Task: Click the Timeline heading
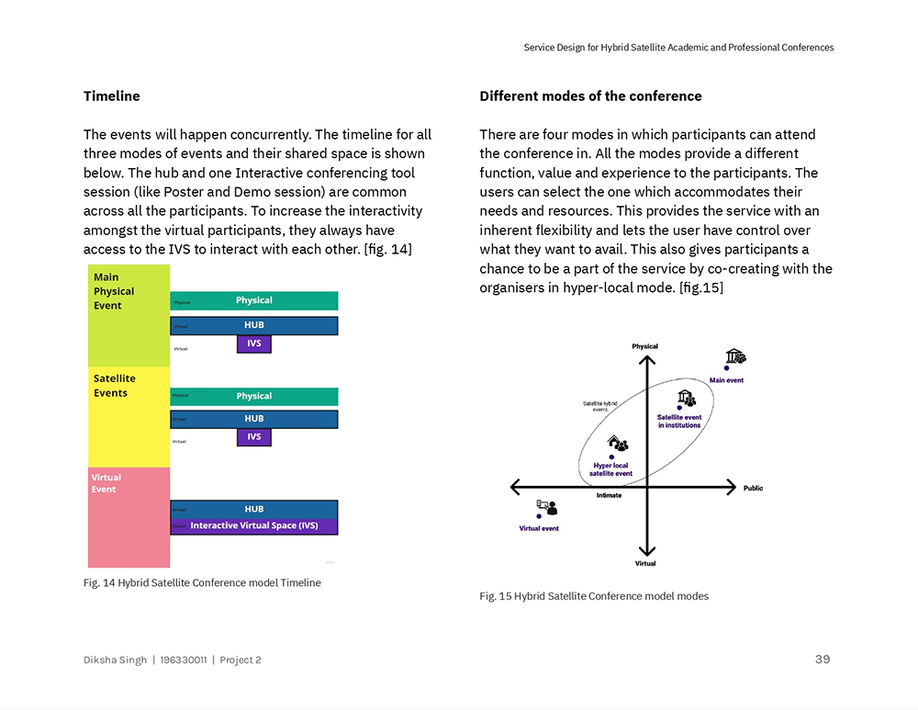point(111,96)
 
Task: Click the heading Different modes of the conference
point(590,96)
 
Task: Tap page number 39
point(823,659)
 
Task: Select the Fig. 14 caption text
point(202,582)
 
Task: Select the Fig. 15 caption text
point(594,596)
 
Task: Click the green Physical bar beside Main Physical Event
point(254,300)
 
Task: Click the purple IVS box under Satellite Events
point(254,437)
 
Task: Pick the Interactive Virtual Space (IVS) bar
point(254,526)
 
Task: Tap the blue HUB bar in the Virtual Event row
point(254,509)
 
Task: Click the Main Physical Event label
point(114,291)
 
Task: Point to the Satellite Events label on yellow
point(114,386)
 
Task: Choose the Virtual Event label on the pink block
point(106,483)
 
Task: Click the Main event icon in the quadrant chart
point(734,356)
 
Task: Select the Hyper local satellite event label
point(610,469)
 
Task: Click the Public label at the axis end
point(753,488)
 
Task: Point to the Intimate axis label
point(609,496)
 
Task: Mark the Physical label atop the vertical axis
point(644,346)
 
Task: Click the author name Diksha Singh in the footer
point(115,659)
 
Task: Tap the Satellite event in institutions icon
point(686,399)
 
